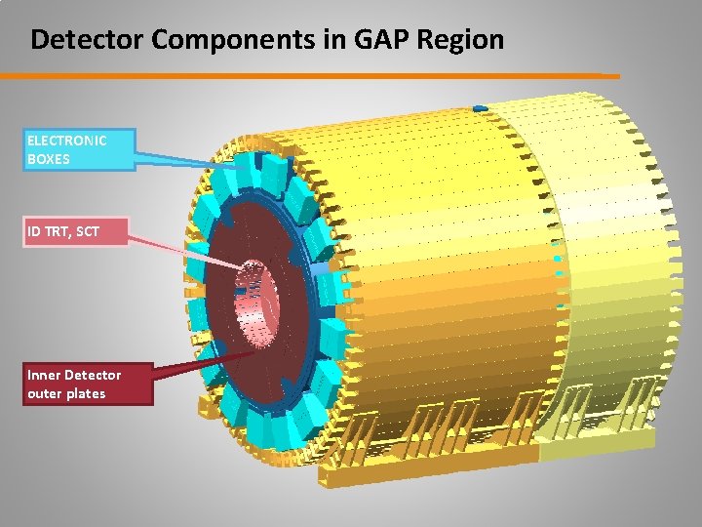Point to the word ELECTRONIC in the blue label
[67, 140]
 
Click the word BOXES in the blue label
[49, 158]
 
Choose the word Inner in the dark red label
[47, 375]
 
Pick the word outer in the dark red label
[46, 393]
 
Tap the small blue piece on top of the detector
[479, 106]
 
